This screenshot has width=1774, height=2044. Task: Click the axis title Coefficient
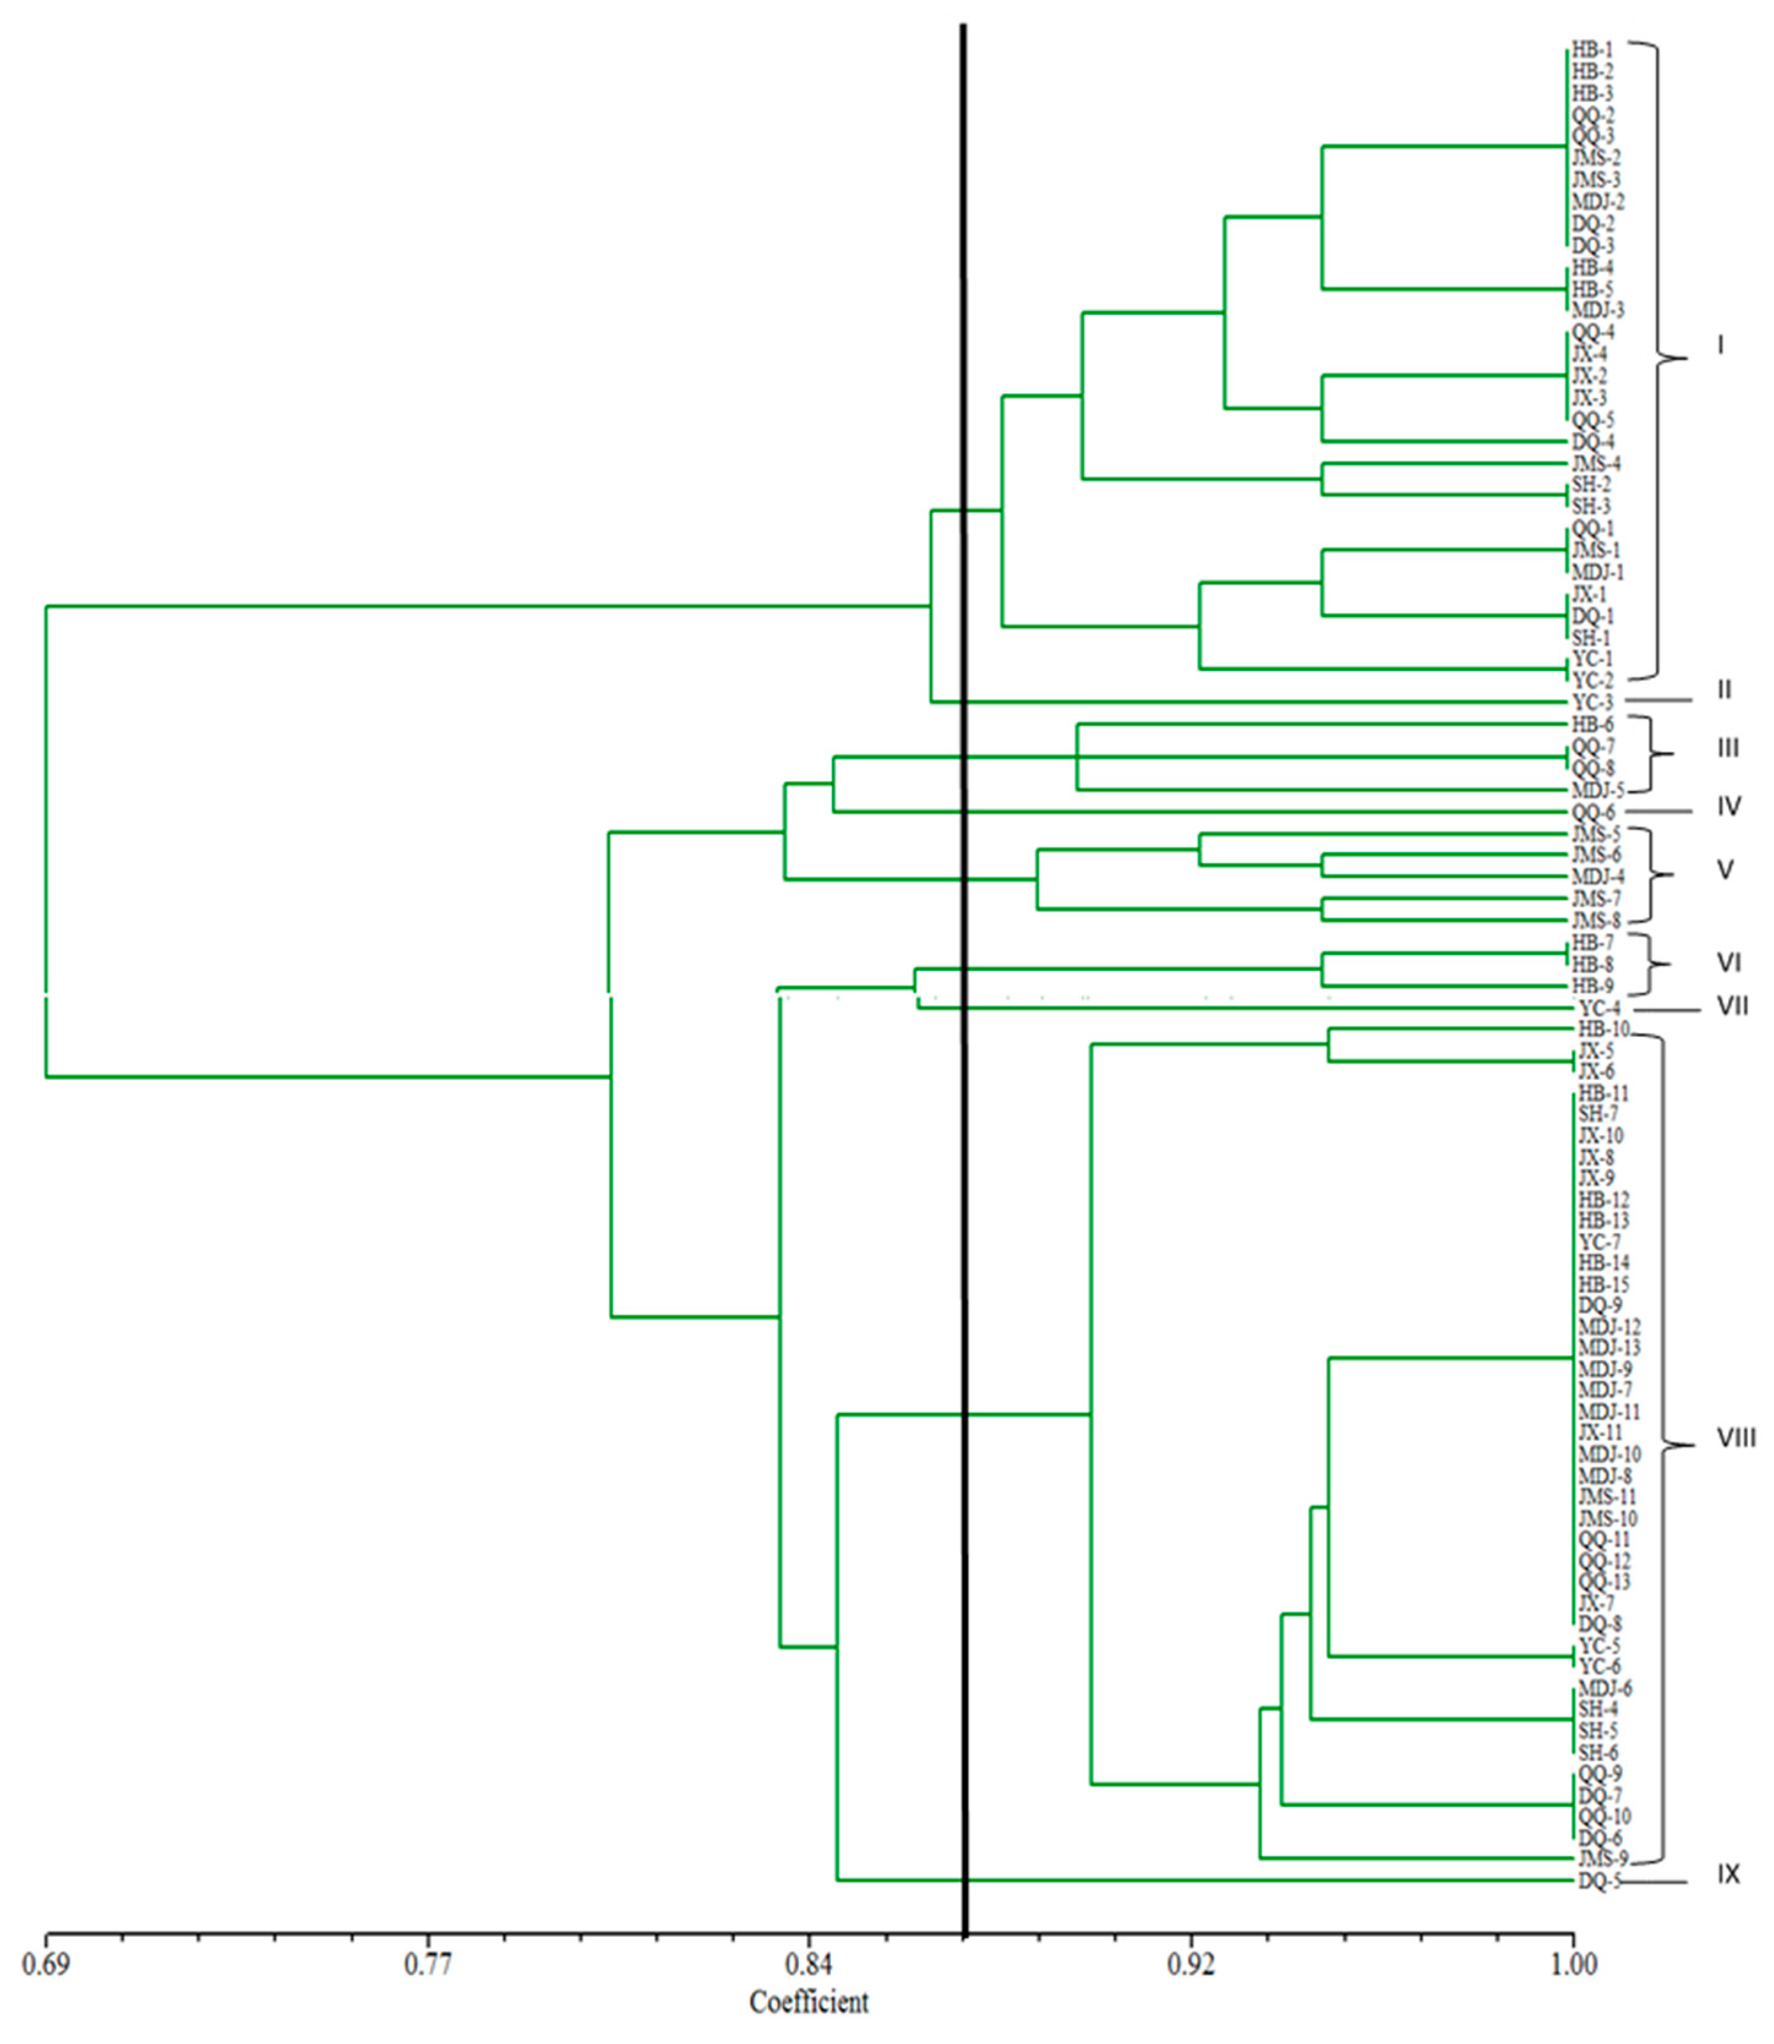(809, 2002)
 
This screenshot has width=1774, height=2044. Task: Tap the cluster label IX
(1727, 1875)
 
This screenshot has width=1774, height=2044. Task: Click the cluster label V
(1724, 870)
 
